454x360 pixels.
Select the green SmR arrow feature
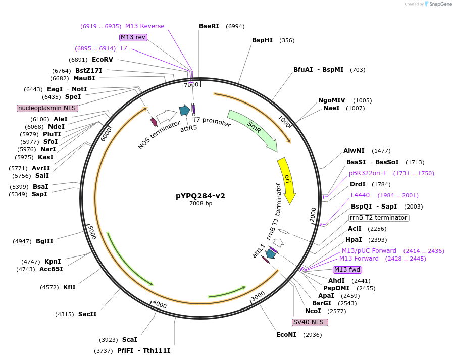253,130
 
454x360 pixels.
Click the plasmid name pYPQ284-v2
200,196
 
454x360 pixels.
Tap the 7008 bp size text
200,203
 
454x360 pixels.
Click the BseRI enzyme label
209,26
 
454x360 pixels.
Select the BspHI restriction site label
262,40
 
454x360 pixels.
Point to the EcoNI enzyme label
286,334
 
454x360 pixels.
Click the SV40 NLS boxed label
310,322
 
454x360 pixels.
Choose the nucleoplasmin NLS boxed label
47,108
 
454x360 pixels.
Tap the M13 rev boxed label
133,37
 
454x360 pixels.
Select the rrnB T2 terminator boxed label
378,218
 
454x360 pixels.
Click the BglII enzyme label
44,241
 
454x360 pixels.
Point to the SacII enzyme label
87,314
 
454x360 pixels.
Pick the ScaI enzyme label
129,340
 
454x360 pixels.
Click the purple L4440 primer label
361,195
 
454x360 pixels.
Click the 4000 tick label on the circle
160,304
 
